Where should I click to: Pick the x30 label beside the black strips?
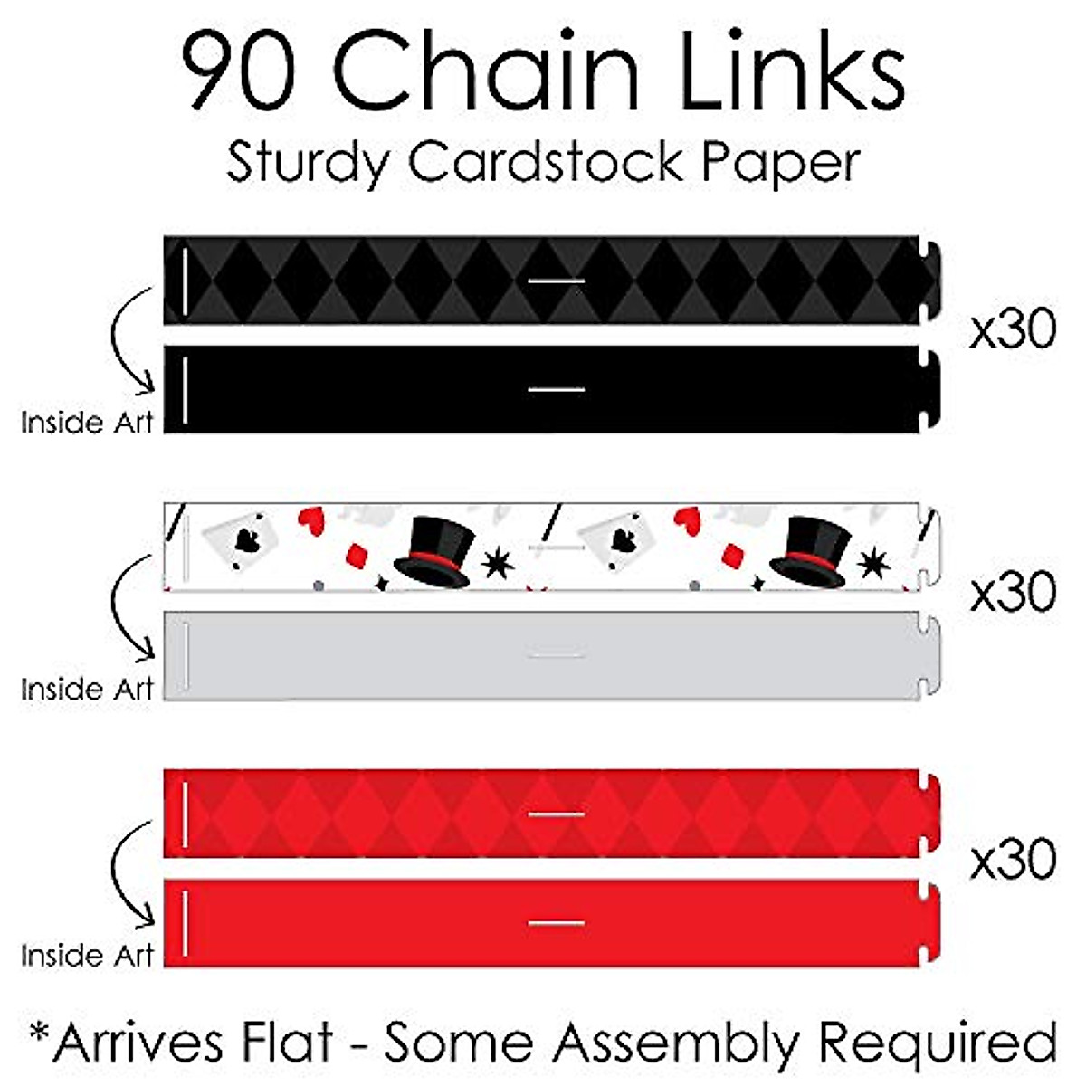coord(1013,330)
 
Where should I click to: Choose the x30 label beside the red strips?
coord(1013,859)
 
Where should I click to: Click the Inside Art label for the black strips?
coord(87,422)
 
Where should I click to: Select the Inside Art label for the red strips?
coord(87,956)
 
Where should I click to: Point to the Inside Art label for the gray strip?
coord(87,689)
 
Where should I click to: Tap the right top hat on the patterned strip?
coord(814,551)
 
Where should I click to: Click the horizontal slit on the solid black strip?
coord(557,390)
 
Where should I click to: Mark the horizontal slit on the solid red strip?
coord(557,923)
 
